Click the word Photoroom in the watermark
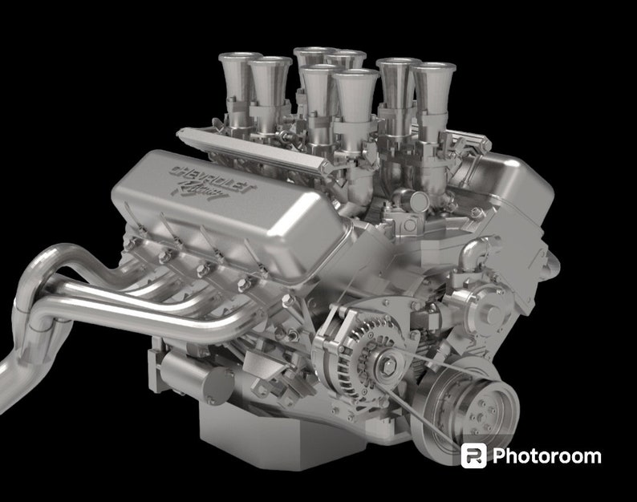point(546,456)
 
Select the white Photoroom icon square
point(473,455)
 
